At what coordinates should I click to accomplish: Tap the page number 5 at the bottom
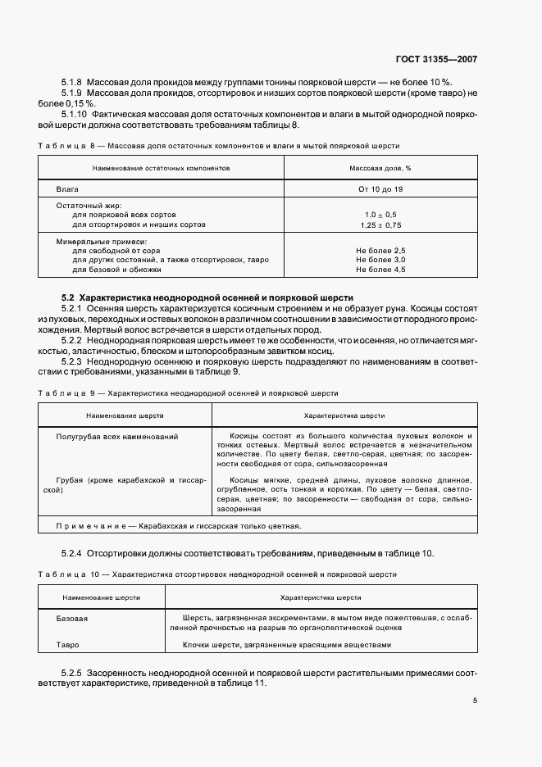[476, 701]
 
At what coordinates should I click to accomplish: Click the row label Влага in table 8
[67, 189]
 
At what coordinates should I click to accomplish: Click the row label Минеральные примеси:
[101, 241]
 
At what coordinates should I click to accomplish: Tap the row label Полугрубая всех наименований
[116, 437]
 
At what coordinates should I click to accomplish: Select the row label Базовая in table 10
[72, 618]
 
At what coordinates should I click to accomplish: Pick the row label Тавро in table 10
[68, 644]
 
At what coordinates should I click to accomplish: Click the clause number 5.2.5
[75, 672]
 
